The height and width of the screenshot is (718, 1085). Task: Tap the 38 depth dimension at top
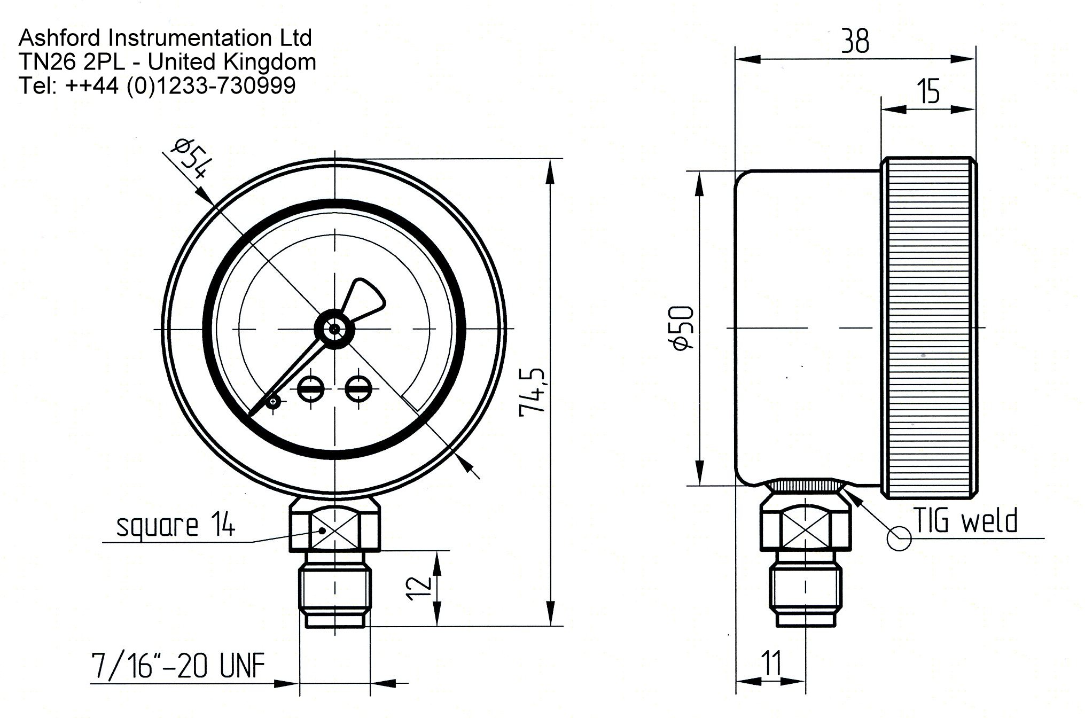(x=855, y=41)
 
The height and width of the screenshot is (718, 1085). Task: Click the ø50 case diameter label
(x=683, y=328)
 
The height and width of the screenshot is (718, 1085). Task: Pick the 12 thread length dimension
(x=420, y=588)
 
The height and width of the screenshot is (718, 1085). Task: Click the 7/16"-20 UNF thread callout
(x=178, y=666)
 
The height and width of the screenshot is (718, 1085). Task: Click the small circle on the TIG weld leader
(x=899, y=538)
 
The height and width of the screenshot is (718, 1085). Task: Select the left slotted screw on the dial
(x=309, y=388)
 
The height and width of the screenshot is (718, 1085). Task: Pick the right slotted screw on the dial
(x=357, y=388)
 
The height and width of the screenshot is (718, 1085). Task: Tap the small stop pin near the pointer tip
(x=274, y=401)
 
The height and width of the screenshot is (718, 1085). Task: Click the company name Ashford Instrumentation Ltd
(x=165, y=38)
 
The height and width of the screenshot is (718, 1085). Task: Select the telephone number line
(x=157, y=85)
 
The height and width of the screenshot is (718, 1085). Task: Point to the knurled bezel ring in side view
(x=930, y=328)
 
